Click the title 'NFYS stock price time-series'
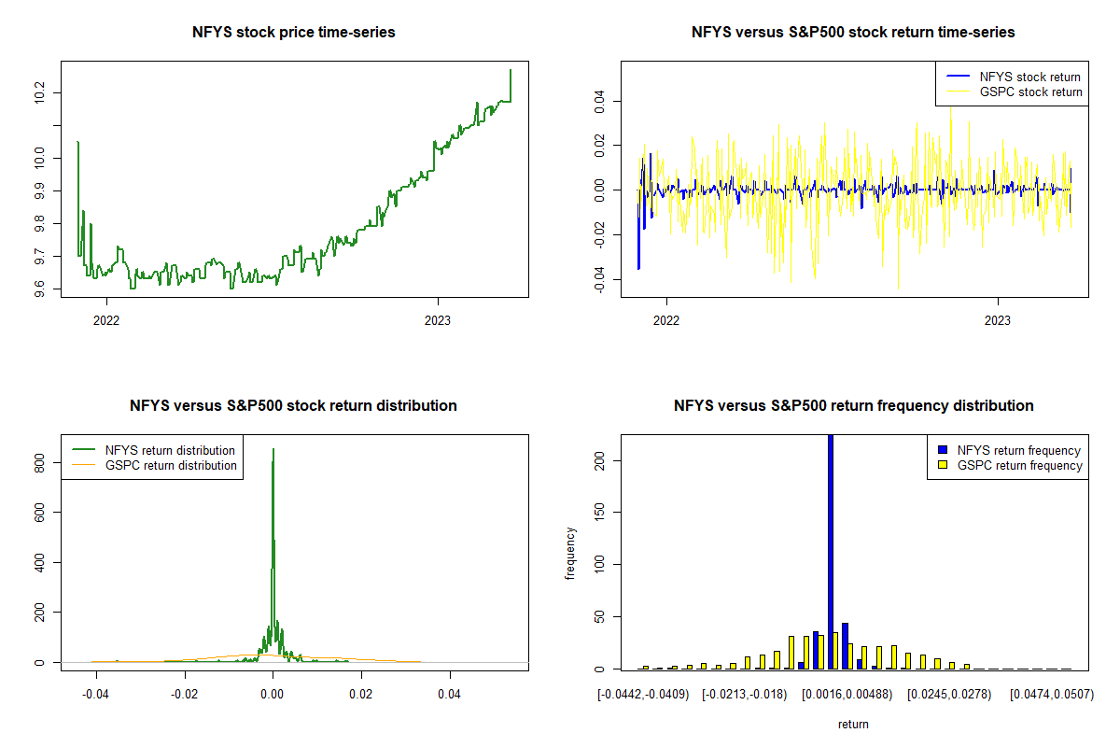[x=294, y=33]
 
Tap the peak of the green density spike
[x=273, y=449]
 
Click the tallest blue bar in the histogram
[x=831, y=551]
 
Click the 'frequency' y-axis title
[x=571, y=553]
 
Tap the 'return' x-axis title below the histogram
[x=853, y=724]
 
